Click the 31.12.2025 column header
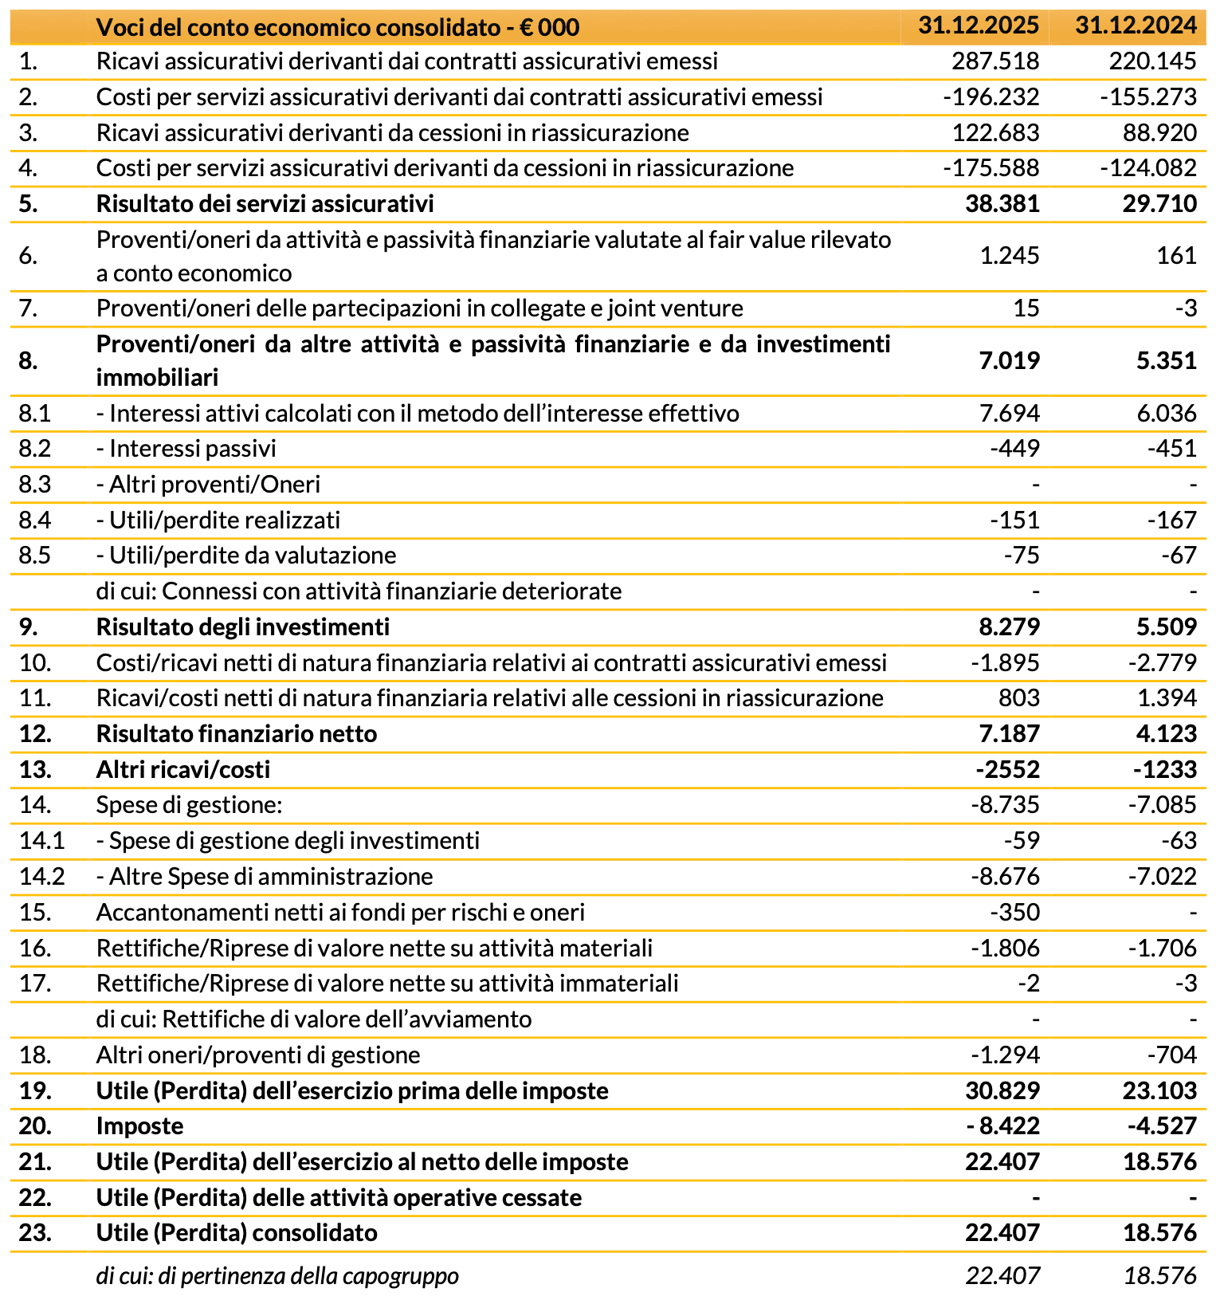(x=978, y=26)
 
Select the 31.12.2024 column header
(x=1136, y=26)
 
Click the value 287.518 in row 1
(x=995, y=61)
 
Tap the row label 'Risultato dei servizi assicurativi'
(x=265, y=204)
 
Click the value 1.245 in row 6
(x=1010, y=256)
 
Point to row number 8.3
(x=35, y=485)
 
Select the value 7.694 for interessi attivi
(x=1010, y=414)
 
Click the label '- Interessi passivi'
(x=186, y=449)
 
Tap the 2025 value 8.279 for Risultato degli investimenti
(x=1009, y=627)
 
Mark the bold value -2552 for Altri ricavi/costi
(x=1007, y=770)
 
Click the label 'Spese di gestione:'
(x=189, y=805)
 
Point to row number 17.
(x=35, y=984)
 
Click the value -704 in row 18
(x=1171, y=1055)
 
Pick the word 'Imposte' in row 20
(x=139, y=1126)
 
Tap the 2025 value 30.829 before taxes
(x=1002, y=1091)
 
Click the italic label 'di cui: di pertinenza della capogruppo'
(x=277, y=1276)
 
